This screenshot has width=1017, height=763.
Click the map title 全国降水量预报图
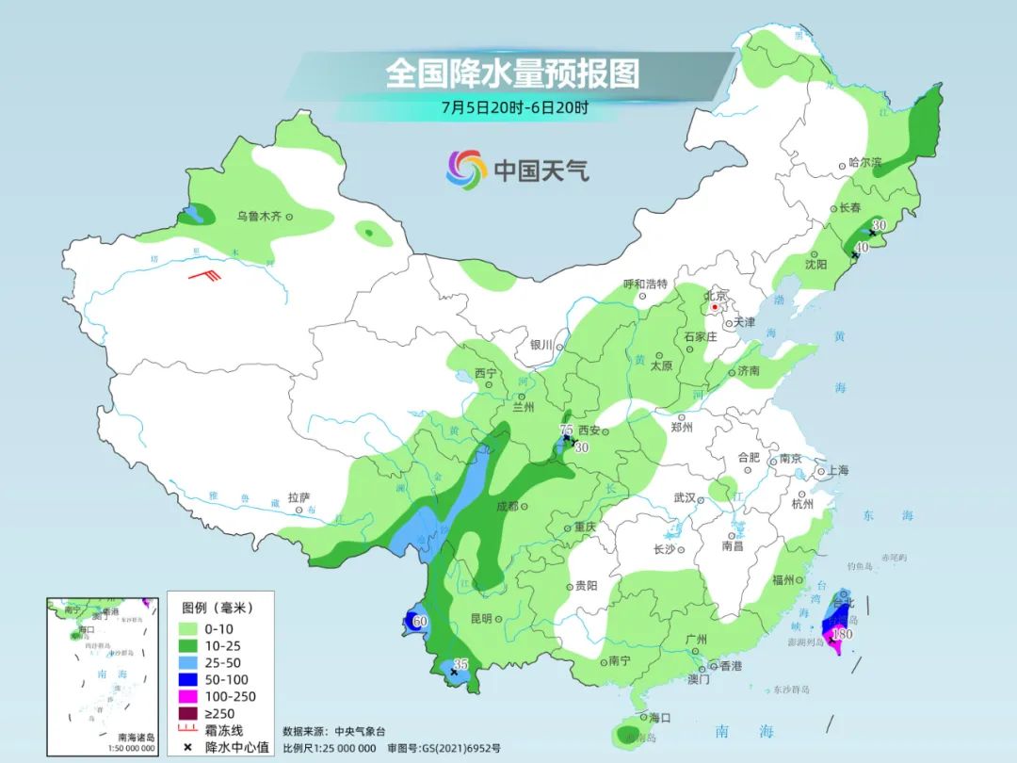[x=512, y=73]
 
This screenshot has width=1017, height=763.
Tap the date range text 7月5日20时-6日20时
[x=514, y=107]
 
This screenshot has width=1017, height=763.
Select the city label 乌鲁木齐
[x=258, y=217]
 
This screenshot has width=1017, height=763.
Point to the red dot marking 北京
[x=716, y=307]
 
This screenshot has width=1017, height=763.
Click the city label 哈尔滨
[x=865, y=163]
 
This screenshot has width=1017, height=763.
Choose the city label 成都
[x=506, y=507]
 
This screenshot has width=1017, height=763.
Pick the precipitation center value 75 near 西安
[x=566, y=430]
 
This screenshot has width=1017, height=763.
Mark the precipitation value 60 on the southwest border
[x=420, y=621]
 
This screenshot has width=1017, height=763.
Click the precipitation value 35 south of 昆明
[x=460, y=663]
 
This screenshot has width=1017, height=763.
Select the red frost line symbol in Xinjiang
[x=204, y=276]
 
